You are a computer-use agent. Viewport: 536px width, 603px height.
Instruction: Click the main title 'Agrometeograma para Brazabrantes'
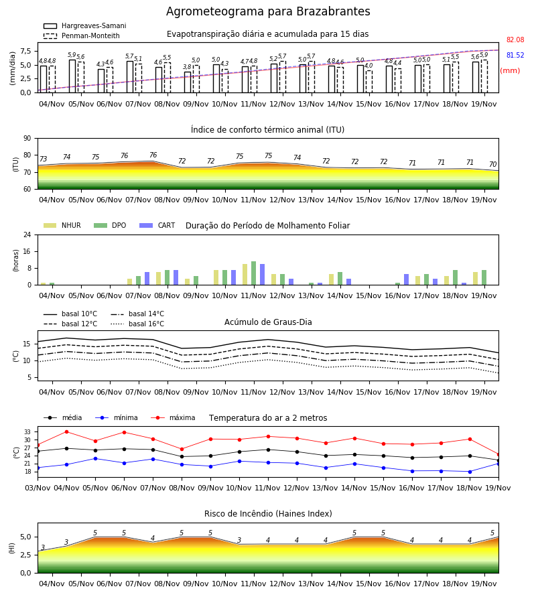268,11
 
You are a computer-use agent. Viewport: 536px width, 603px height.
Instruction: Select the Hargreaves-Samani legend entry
84,25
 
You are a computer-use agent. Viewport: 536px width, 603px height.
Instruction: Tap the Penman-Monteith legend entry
82,36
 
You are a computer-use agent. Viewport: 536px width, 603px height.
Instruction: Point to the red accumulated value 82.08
515,40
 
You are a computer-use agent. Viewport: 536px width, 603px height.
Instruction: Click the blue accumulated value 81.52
515,55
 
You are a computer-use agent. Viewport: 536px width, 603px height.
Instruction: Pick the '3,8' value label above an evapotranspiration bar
187,67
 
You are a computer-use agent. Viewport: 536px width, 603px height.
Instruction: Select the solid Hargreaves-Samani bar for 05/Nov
72,76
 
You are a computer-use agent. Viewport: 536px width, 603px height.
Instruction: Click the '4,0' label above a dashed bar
368,66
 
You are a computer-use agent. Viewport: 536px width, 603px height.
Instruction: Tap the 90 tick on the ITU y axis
27,139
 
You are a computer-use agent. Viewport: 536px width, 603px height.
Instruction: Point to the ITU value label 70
493,164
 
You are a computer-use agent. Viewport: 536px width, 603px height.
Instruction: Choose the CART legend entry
157,225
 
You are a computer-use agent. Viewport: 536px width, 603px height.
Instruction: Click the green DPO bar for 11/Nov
254,273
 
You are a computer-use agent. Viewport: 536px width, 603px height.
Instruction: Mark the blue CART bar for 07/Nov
147,279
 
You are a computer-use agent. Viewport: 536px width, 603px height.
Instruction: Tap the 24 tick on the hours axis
27,234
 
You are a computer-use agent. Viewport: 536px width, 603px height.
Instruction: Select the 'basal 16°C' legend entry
137,324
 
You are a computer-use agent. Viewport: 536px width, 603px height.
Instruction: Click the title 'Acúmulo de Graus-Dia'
268,322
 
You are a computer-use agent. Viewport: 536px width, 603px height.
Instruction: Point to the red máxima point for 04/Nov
66,432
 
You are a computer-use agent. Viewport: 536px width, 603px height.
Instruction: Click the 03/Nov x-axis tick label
38,488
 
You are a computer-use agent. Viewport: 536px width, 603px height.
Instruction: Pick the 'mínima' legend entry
117,417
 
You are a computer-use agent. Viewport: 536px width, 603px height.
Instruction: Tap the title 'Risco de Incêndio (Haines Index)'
268,514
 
